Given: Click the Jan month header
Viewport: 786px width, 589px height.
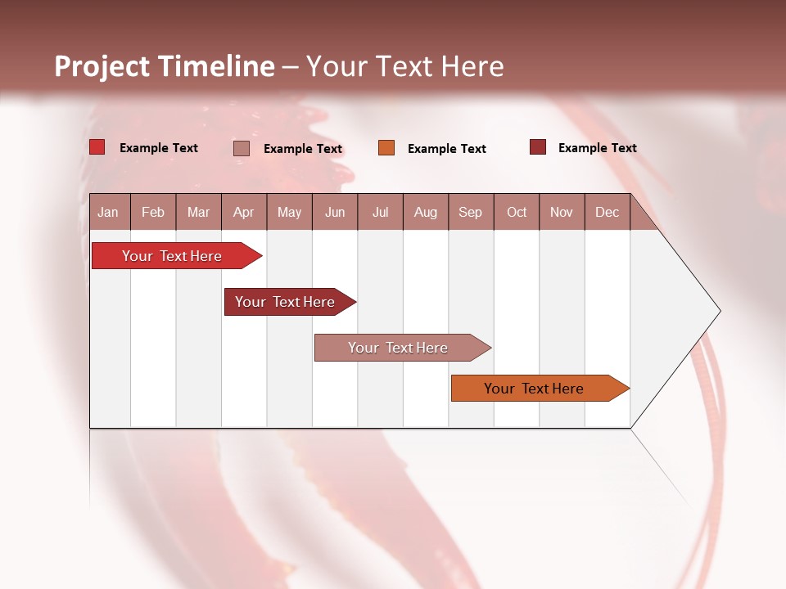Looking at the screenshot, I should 109,212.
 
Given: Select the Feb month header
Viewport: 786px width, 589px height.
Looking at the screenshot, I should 153,212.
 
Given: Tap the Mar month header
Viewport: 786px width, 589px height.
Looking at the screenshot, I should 198,212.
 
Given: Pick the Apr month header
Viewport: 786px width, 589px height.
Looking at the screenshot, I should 244,212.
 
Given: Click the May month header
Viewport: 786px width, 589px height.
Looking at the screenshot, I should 289,212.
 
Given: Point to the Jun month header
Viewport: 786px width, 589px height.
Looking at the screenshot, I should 335,212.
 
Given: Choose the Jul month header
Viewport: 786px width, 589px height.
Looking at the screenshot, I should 380,212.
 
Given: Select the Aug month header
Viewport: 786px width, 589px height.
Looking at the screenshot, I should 426,212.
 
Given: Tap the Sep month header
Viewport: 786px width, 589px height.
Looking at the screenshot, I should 471,212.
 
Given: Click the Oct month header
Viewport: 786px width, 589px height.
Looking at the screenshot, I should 517,212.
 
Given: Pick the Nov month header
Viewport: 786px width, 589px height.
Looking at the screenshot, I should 562,212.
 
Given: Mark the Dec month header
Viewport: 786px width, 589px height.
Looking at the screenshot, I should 608,212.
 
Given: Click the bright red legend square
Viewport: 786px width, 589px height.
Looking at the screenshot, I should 97,147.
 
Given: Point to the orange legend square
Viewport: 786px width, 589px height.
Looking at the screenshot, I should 386,147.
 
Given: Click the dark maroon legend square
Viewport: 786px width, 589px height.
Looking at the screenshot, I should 538,147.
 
